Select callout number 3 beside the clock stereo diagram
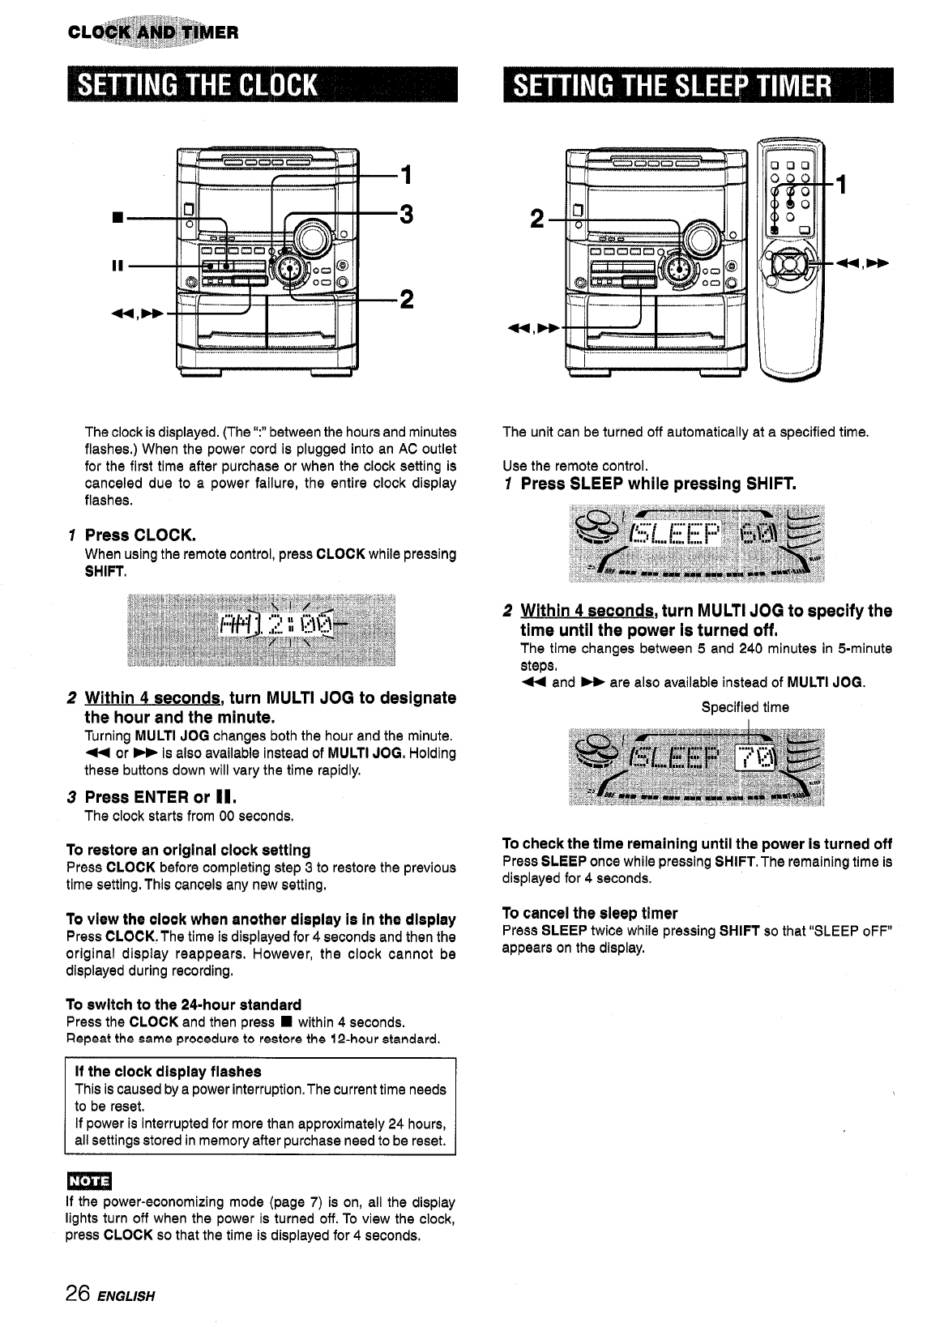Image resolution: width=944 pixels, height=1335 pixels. tap(407, 215)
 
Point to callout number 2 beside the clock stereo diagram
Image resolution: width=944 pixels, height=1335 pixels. tap(407, 299)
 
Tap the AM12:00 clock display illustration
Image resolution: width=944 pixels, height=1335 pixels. tap(261, 629)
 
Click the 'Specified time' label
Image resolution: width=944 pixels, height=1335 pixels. tap(745, 707)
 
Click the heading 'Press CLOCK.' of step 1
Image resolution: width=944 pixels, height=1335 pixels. tap(140, 535)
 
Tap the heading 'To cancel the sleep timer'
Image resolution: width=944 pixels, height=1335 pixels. tap(590, 913)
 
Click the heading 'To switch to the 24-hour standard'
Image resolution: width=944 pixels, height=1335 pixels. tap(183, 1005)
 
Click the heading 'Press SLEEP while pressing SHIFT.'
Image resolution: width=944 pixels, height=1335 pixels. tap(658, 484)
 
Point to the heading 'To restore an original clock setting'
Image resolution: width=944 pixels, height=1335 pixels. tap(188, 850)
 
